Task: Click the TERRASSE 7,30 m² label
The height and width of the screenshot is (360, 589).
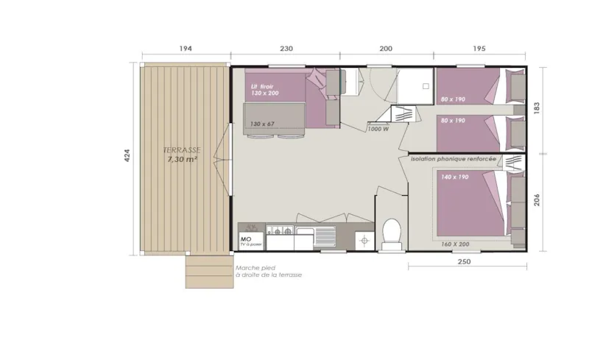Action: (x=180, y=155)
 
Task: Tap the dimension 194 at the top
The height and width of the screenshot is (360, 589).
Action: (x=185, y=49)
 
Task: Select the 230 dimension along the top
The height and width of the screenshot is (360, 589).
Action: (x=286, y=49)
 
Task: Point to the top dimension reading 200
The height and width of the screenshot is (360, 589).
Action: (x=386, y=49)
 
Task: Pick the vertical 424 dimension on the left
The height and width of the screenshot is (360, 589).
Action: (x=126, y=156)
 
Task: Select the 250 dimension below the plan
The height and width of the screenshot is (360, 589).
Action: (x=465, y=261)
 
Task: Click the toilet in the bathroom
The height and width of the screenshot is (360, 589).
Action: (x=390, y=232)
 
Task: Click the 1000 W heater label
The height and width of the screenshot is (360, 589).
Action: (x=378, y=130)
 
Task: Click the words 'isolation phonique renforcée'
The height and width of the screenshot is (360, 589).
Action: (x=452, y=159)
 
